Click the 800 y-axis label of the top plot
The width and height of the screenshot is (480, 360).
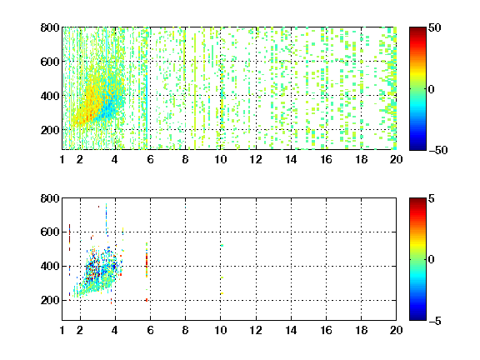point(50,27)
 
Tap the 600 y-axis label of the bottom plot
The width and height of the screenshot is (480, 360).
point(50,232)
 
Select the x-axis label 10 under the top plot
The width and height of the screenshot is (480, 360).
point(220,159)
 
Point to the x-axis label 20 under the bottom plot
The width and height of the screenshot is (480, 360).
point(396,330)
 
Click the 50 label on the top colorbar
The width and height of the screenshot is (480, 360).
point(434,27)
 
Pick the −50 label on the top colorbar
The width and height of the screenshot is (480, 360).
point(438,150)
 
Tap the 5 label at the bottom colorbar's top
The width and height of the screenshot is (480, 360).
point(432,198)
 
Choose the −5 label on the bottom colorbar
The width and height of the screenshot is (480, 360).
point(435,321)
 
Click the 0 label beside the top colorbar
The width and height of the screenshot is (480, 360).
point(432,89)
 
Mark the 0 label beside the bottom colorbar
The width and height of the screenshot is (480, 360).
point(432,260)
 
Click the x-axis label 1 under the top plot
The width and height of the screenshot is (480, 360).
point(62,159)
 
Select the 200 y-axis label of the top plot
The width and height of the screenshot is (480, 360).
point(50,130)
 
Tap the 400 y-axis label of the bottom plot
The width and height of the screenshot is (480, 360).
point(50,266)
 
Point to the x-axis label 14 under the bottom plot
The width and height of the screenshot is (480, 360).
point(291,330)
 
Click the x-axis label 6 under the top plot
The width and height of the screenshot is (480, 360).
point(150,159)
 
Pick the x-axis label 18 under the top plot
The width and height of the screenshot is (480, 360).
point(361,159)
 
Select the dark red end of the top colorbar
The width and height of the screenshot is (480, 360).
point(417,30)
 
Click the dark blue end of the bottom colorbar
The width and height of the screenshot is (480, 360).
point(417,317)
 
